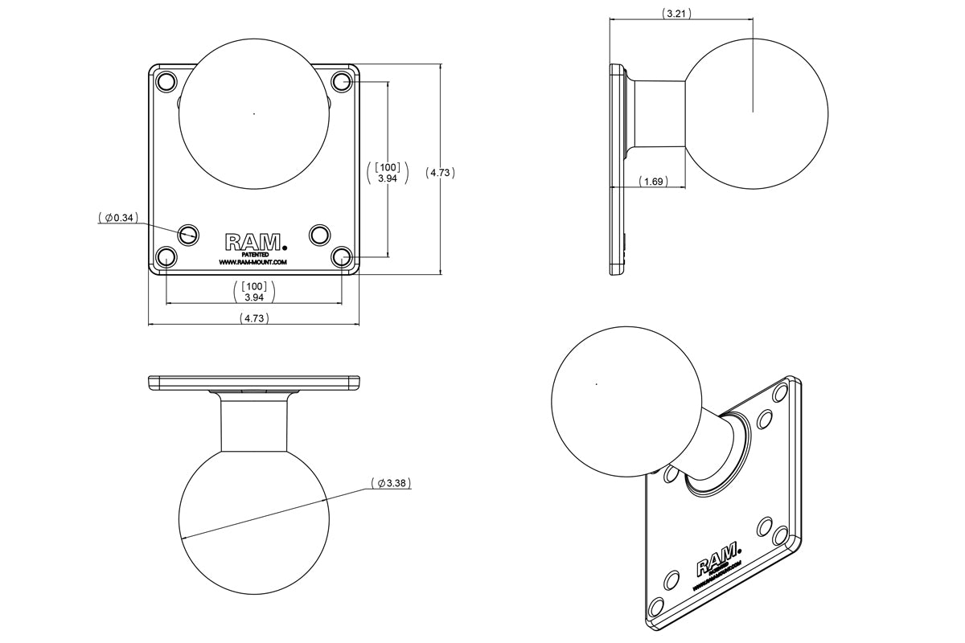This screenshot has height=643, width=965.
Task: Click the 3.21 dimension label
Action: click(677, 14)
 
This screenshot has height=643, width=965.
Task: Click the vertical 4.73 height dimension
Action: click(441, 172)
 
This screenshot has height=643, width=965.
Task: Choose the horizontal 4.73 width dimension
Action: click(254, 318)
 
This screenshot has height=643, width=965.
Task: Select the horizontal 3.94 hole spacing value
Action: click(254, 297)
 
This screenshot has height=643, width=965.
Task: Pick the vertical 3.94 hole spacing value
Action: click(388, 178)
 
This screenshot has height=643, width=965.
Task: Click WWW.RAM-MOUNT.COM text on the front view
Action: click(253, 263)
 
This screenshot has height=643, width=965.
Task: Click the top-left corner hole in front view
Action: click(166, 81)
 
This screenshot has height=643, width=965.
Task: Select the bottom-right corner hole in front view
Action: click(342, 257)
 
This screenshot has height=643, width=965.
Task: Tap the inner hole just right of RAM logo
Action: click(319, 235)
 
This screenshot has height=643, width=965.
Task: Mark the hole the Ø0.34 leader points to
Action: click(189, 234)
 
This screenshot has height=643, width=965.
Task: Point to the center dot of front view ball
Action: click(254, 114)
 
